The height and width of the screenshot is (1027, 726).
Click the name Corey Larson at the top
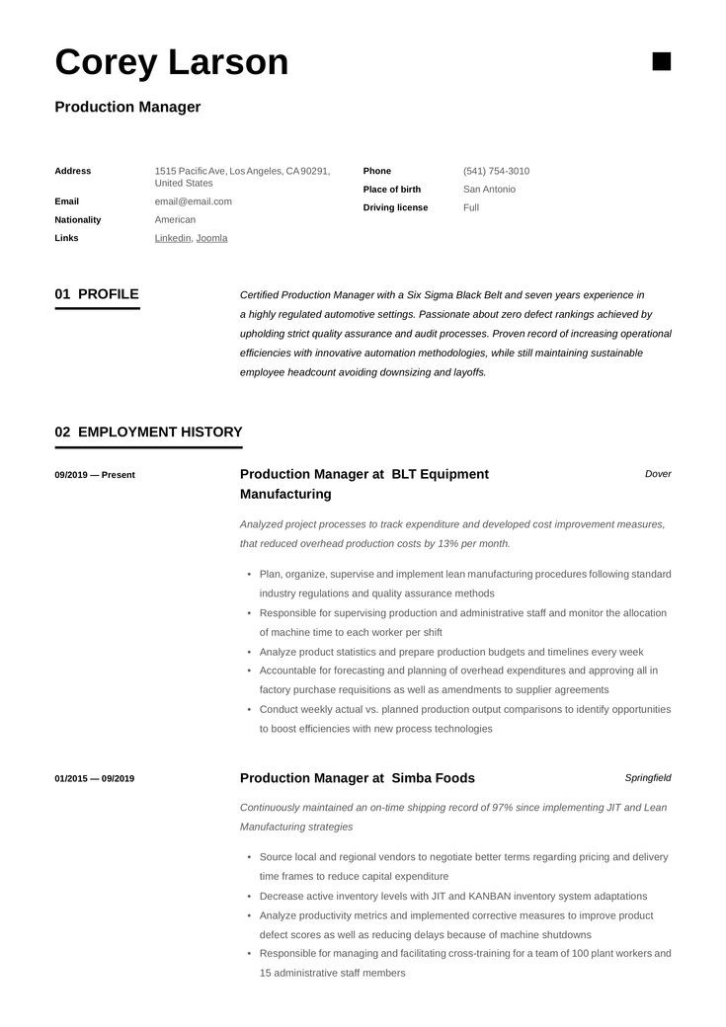pyautogui.click(x=172, y=62)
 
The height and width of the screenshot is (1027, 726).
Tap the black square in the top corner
pyautogui.click(x=662, y=61)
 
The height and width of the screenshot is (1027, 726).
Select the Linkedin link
pyautogui.click(x=173, y=238)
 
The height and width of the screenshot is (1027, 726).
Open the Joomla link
pyautogui.click(x=211, y=238)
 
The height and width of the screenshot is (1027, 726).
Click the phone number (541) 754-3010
pyautogui.click(x=496, y=171)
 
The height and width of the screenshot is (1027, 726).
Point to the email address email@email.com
pyautogui.click(x=194, y=201)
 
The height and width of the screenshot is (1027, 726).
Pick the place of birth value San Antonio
pyautogui.click(x=489, y=189)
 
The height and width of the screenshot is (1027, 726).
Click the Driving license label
pyautogui.click(x=395, y=207)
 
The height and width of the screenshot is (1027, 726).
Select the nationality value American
pyautogui.click(x=175, y=219)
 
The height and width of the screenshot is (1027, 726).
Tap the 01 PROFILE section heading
pyautogui.click(x=97, y=294)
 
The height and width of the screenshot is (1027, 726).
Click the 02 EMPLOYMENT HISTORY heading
pyautogui.click(x=148, y=432)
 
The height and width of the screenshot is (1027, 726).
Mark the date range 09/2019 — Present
pyautogui.click(x=95, y=475)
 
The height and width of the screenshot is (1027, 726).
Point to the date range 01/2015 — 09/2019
pyautogui.click(x=95, y=778)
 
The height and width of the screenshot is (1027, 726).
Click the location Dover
pyautogui.click(x=658, y=474)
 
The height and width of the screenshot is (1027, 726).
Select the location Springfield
pyautogui.click(x=648, y=777)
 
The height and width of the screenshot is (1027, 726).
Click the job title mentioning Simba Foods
pyautogui.click(x=357, y=778)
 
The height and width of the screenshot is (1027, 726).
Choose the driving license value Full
pyautogui.click(x=471, y=207)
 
